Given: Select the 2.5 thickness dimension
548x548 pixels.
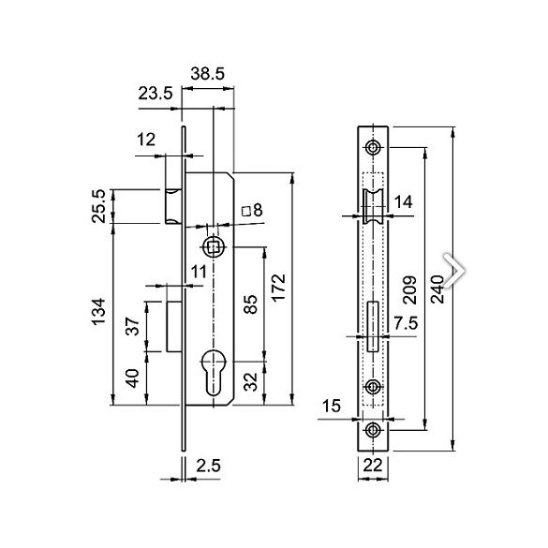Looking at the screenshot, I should coord(208,463).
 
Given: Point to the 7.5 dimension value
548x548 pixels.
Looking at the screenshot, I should coord(405,322).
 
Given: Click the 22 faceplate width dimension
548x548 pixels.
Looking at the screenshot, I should coord(374,463).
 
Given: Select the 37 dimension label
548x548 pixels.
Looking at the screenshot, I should coord(132,326).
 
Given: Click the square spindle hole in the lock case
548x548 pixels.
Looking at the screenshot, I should coord(214,247).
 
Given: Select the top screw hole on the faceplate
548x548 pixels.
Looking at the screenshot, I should coord(374,148).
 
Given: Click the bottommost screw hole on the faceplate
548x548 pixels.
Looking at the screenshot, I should coord(374,430).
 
